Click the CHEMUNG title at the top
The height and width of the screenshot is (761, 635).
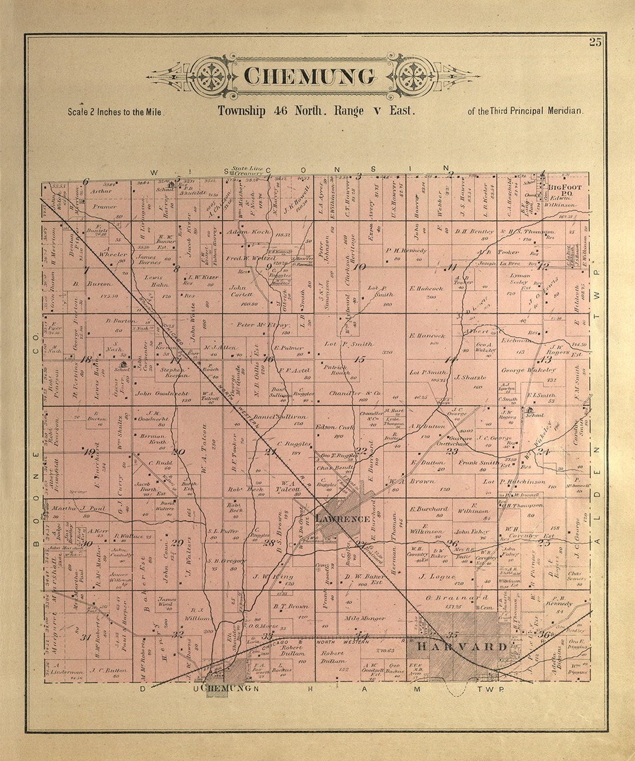[309, 76]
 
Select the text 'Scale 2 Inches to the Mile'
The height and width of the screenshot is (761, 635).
[116, 112]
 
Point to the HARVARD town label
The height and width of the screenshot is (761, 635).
[462, 646]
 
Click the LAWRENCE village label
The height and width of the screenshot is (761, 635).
[342, 519]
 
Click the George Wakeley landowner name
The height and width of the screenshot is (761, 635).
[528, 371]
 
